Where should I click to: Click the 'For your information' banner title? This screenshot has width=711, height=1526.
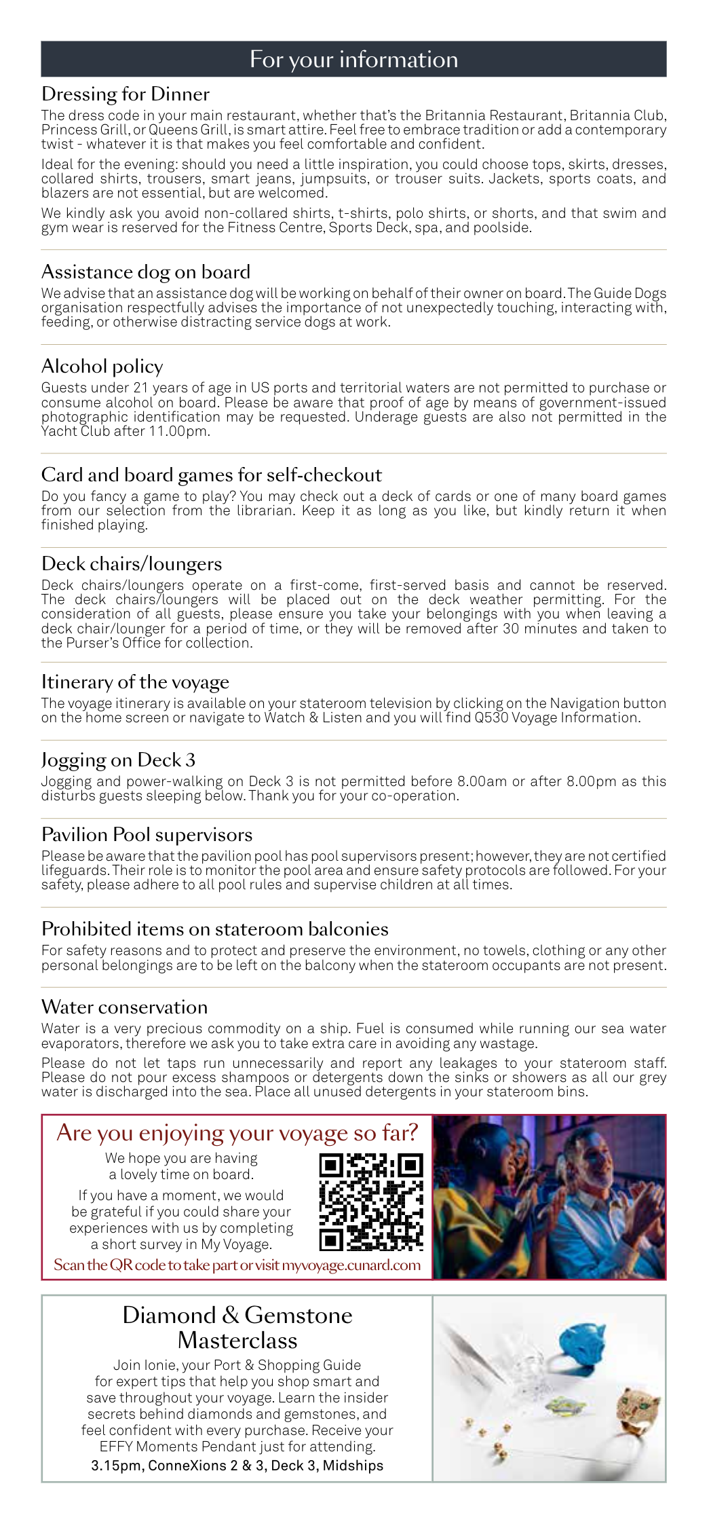[353, 60]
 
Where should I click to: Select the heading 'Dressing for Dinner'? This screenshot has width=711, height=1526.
[126, 94]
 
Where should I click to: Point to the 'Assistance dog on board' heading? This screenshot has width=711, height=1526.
[146, 272]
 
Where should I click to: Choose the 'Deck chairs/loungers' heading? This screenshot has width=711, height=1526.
[132, 563]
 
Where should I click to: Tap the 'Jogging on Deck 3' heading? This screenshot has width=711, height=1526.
[118, 760]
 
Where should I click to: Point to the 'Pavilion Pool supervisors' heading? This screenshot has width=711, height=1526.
[147, 834]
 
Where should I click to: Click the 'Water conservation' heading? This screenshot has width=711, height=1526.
[125, 1007]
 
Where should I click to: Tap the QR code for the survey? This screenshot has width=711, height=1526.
[371, 1202]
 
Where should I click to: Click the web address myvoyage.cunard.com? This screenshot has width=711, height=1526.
[351, 1265]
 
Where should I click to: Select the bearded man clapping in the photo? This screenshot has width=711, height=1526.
[597, 1174]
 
